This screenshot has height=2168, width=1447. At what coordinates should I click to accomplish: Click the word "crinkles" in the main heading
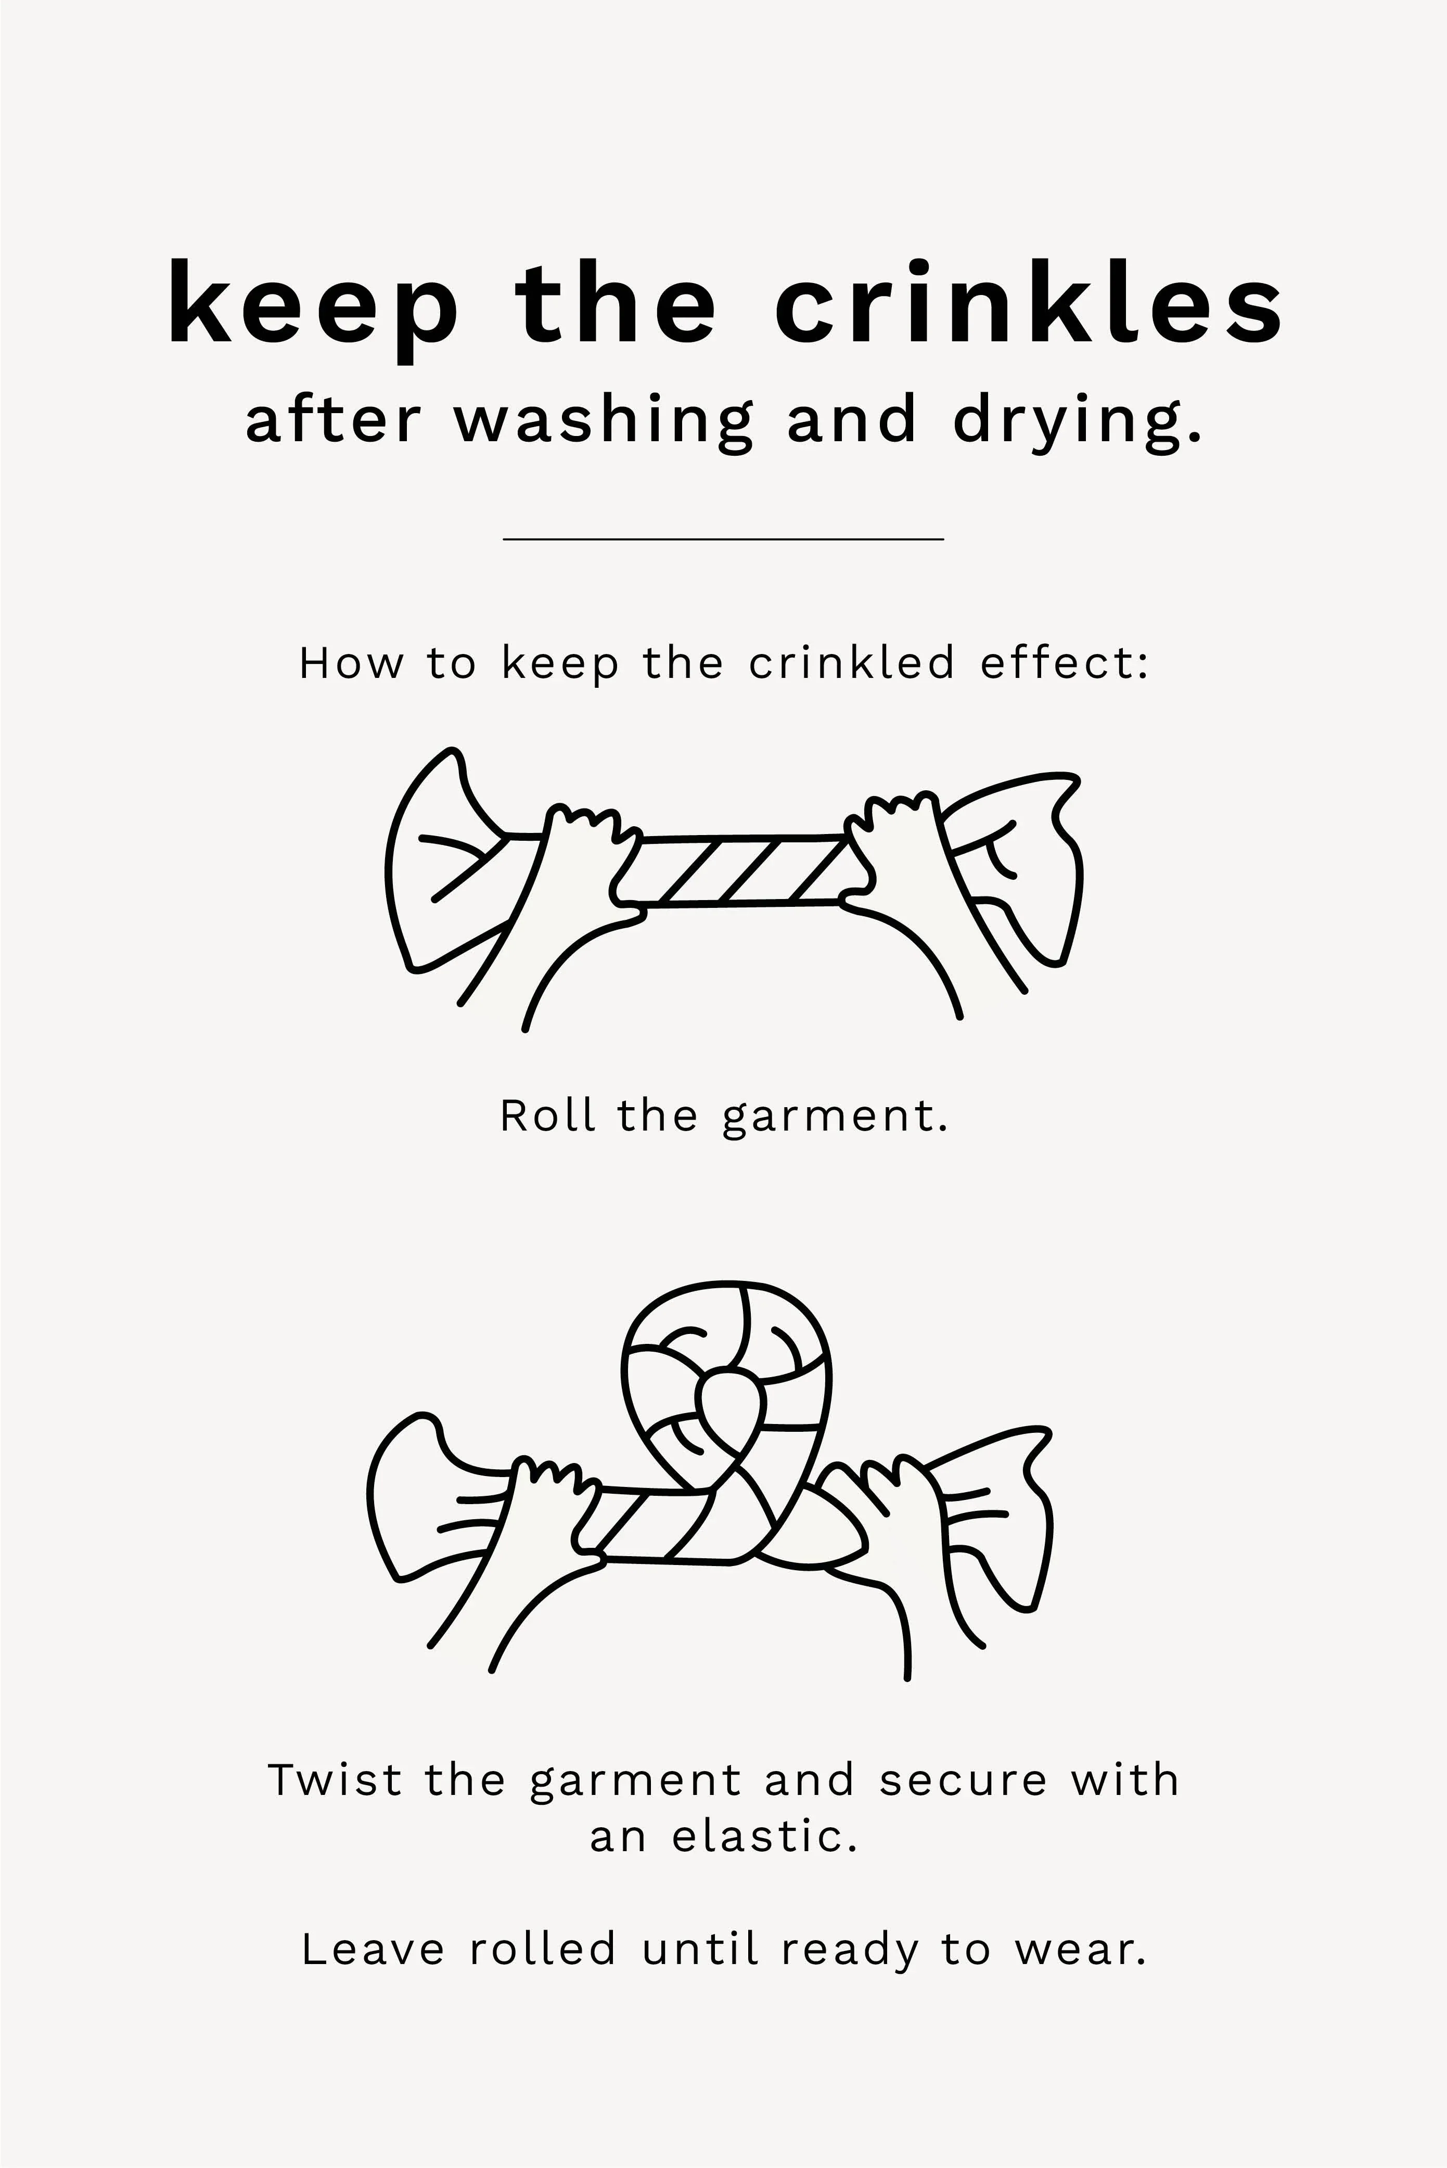(x=1029, y=302)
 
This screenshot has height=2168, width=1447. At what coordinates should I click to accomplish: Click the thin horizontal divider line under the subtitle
(x=723, y=538)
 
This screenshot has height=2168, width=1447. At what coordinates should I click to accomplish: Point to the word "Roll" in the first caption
(x=546, y=1117)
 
